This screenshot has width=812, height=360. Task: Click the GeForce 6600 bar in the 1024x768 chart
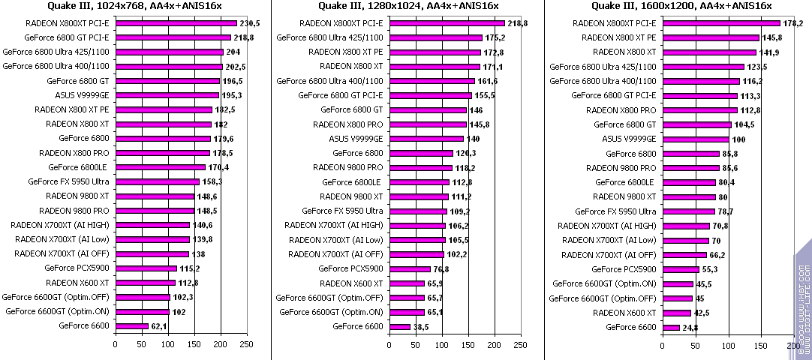(132, 326)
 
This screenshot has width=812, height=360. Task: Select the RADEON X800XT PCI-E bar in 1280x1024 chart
(447, 23)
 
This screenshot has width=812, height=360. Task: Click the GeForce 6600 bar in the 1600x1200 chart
(670, 327)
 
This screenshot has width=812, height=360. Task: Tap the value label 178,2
(793, 23)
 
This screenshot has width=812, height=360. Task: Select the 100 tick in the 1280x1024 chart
(441, 344)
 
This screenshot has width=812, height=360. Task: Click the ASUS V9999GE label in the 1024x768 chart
(82, 95)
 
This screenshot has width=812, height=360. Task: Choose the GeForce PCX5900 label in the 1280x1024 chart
(350, 268)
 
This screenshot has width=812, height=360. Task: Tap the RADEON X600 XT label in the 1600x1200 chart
(624, 312)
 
